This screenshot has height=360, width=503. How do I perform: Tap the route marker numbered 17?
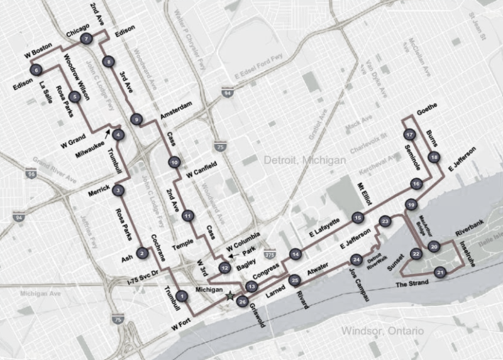pos(409,135)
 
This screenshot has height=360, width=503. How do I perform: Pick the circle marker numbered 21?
pos(441,272)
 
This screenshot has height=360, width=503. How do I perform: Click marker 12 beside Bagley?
pos(224,268)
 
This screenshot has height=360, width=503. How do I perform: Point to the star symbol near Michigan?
pos(231,295)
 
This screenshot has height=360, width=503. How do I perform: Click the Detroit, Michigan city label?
pos(306,161)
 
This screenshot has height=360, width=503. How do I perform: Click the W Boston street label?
pos(36,55)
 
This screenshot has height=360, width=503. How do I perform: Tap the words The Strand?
pos(412,284)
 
